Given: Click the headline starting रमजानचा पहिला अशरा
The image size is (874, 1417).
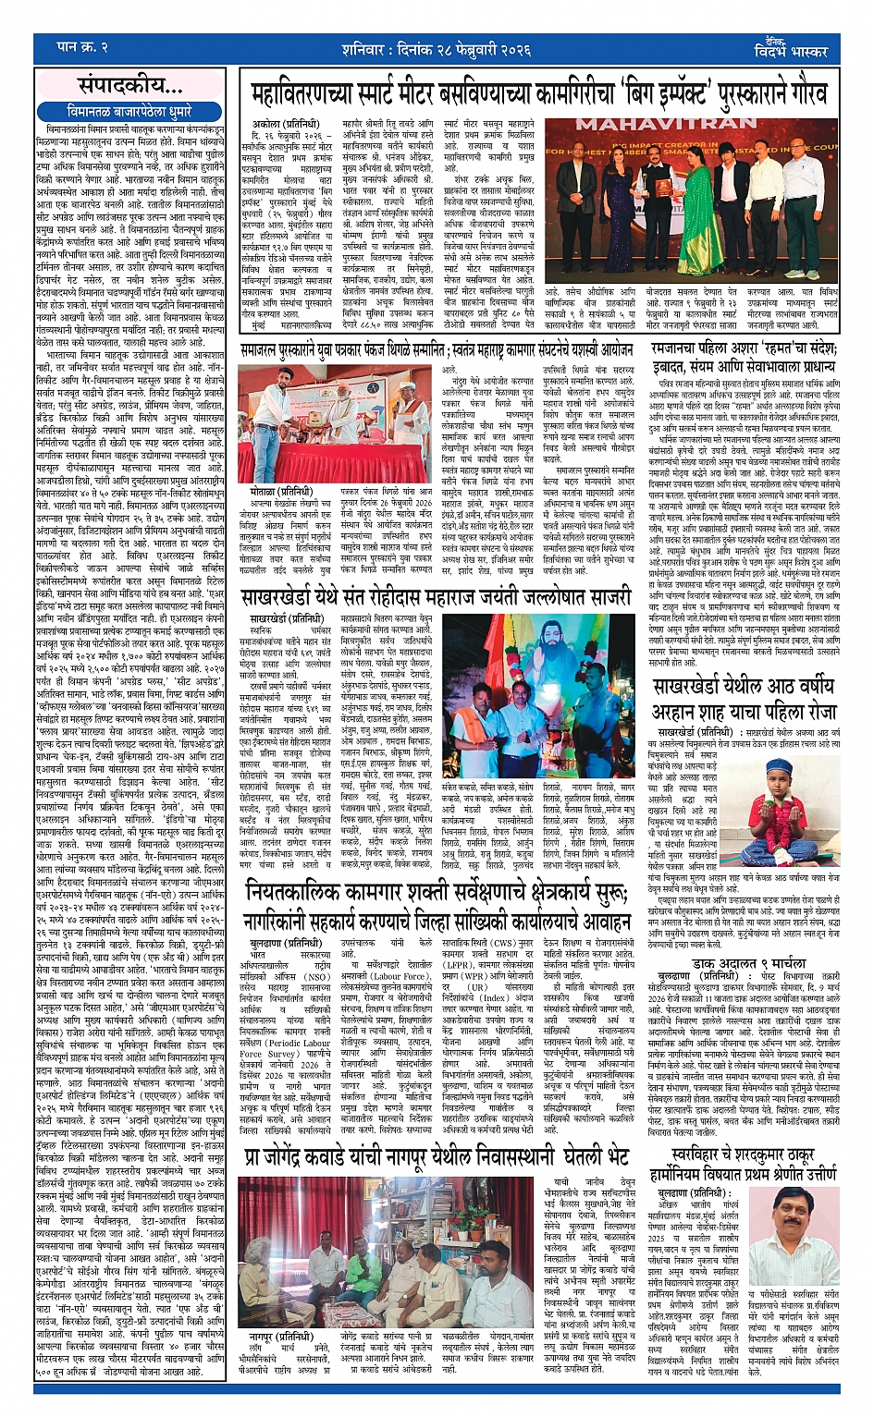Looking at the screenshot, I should pyautogui.click(x=743, y=348).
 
